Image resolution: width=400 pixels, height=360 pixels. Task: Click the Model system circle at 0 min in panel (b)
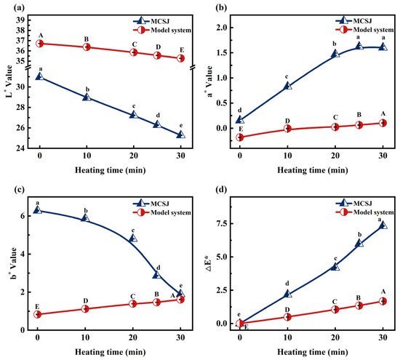[x=239, y=137]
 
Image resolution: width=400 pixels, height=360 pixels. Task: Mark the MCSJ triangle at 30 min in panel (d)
[x=383, y=225]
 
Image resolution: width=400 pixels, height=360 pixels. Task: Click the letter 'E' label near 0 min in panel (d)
[x=246, y=327]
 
